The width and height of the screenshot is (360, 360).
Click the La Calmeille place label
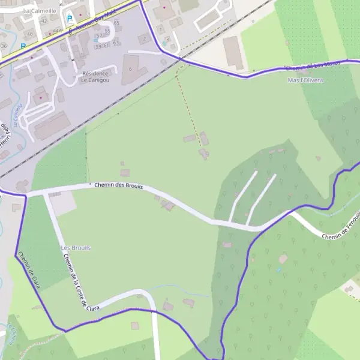pyautogui.click(x=40, y=11)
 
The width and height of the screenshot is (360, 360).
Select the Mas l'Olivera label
pyautogui.click(x=305, y=80)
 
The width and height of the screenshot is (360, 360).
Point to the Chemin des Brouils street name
pyautogui.click(x=118, y=186)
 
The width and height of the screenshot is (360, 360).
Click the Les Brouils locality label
pyautogui.click(x=76, y=247)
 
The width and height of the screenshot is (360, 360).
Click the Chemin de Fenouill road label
pyautogui.click(x=343, y=227)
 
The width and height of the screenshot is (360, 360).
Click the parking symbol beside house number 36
pyautogui.click(x=23, y=46)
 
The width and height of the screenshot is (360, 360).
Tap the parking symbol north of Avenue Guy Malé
pyautogui.click(x=70, y=19)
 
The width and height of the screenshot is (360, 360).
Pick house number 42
pyautogui.click(x=43, y=20)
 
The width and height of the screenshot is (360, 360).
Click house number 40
pyautogui.click(x=29, y=34)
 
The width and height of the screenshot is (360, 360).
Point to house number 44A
pyautogui.click(x=57, y=30)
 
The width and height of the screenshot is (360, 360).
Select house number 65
pyautogui.click(x=116, y=23)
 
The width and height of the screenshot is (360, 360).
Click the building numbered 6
pyautogui.click(x=130, y=69)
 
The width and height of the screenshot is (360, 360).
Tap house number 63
pyautogui.click(x=116, y=43)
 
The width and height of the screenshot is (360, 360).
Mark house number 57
pyautogui.click(x=98, y=36)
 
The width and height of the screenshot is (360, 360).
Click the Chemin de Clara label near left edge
pyautogui.click(x=28, y=271)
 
